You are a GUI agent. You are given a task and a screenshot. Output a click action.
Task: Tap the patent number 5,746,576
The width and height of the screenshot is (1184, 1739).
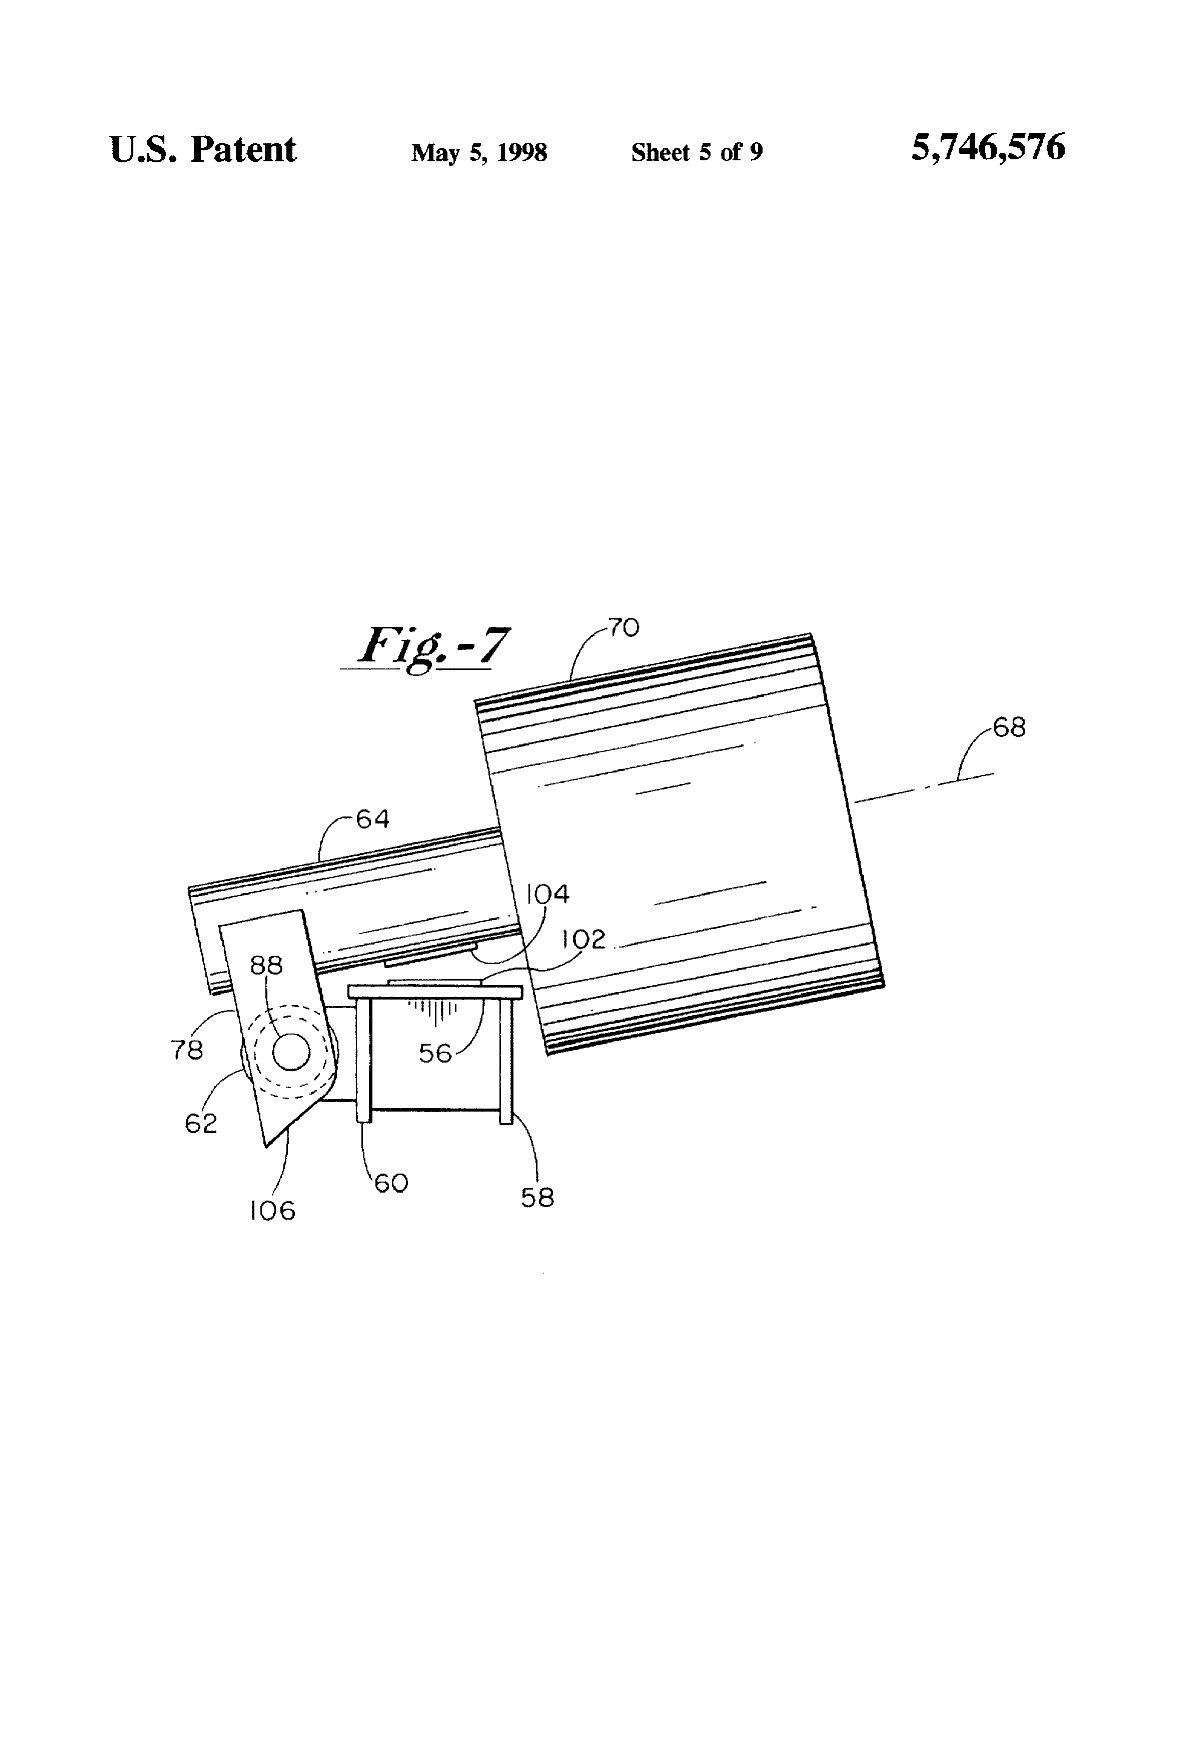tap(987, 147)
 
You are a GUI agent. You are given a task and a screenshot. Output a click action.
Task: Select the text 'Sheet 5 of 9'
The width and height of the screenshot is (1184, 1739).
tap(697, 152)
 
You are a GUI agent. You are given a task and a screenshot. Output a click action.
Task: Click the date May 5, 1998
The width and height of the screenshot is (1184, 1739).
tap(479, 153)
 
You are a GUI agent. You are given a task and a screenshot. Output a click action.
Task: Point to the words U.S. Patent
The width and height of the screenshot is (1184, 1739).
tap(203, 149)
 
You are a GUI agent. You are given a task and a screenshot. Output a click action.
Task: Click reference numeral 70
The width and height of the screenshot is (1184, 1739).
tap(624, 627)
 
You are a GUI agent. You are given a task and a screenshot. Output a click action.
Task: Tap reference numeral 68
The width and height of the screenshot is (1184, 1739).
tap(1009, 727)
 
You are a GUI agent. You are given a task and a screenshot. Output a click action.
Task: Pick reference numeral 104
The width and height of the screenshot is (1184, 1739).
tap(548, 893)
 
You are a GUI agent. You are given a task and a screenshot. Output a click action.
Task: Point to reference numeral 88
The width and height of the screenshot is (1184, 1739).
tap(266, 965)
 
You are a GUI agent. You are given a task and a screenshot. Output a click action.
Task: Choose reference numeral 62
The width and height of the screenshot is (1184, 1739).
tap(201, 1123)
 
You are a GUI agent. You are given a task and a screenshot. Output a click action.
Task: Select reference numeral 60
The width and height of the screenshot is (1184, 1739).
tap(391, 1183)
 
